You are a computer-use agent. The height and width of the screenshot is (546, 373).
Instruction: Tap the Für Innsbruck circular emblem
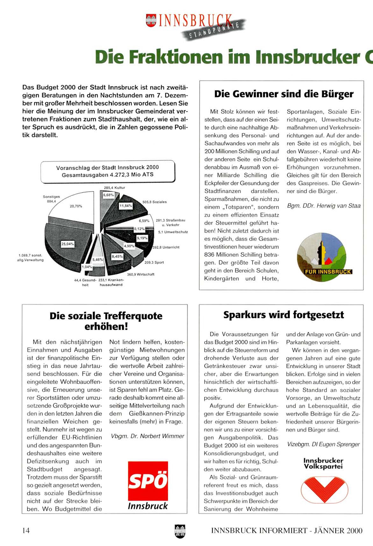[x=321, y=257]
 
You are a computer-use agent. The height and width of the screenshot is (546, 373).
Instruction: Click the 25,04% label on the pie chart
[x=68, y=244]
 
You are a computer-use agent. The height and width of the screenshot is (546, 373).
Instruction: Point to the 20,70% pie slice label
[x=76, y=206]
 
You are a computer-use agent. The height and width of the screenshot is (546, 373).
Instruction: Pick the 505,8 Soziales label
[x=154, y=202]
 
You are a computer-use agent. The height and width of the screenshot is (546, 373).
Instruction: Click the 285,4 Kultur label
[x=114, y=188]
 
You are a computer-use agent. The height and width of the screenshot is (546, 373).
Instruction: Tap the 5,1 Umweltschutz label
[x=173, y=232]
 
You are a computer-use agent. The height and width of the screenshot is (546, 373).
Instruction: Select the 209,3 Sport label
[x=154, y=263]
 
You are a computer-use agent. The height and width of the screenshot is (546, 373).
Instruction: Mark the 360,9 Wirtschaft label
[x=140, y=274]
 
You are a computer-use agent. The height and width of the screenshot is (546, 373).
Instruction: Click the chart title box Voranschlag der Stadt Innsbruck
[x=108, y=171]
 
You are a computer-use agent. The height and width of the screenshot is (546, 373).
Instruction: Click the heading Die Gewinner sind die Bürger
[x=284, y=94]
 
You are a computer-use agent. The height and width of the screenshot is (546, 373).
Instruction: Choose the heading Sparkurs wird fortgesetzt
[x=283, y=315]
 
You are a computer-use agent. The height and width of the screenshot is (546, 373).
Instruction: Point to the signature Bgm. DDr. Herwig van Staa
[x=324, y=206]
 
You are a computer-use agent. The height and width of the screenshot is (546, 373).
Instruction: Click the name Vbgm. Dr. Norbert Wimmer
[x=147, y=436]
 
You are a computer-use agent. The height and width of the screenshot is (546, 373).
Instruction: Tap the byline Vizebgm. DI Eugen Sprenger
[x=323, y=444]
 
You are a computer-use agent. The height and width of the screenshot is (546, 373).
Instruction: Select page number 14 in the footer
[x=26, y=530]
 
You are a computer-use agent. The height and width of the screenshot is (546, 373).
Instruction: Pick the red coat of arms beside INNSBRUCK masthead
[x=151, y=20]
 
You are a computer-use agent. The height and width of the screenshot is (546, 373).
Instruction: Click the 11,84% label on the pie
[x=126, y=206]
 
